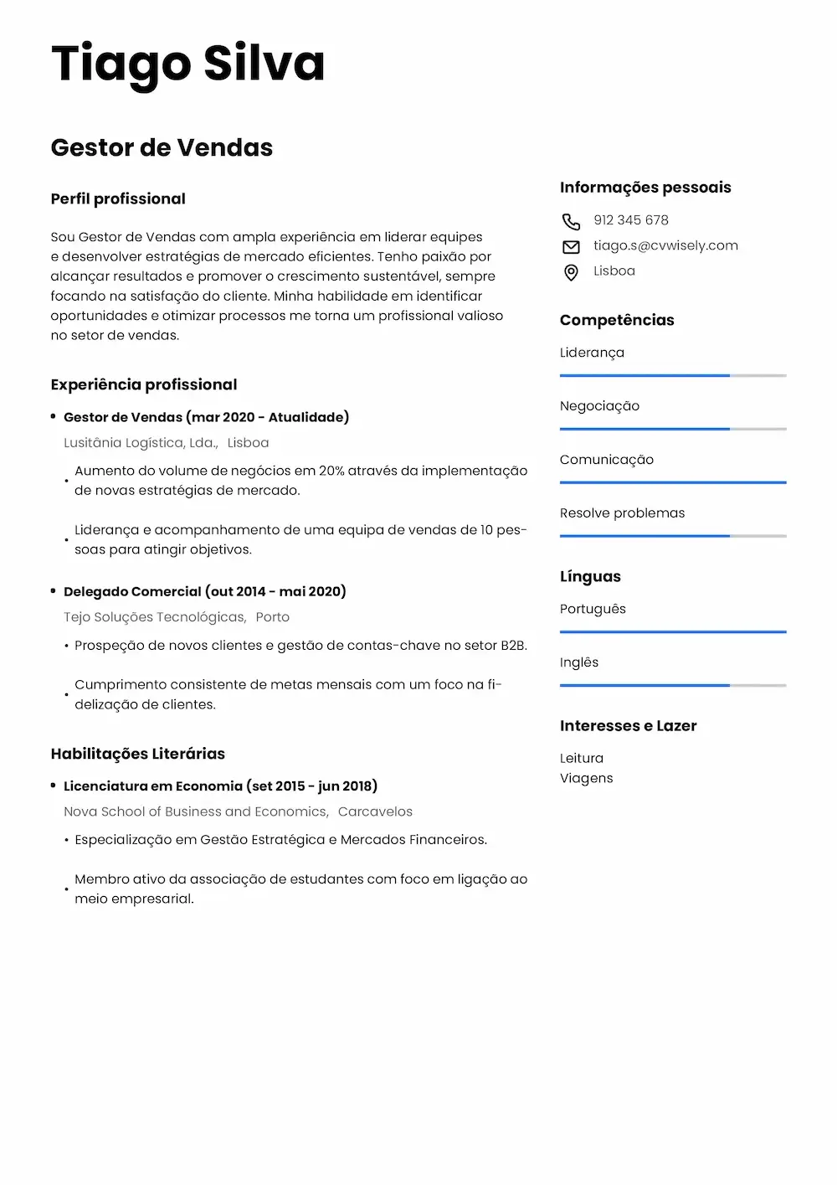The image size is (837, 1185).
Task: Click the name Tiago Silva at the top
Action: pyautogui.click(x=187, y=64)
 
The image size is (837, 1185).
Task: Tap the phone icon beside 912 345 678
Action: pyautogui.click(x=571, y=221)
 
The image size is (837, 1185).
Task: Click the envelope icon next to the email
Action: pyautogui.click(x=571, y=246)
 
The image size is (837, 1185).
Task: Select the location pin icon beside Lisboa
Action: pyautogui.click(x=571, y=272)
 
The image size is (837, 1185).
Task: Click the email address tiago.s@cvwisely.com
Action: pyautogui.click(x=665, y=245)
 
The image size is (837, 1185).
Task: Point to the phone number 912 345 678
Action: pyautogui.click(x=631, y=220)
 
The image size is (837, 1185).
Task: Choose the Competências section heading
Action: pyautogui.click(x=617, y=320)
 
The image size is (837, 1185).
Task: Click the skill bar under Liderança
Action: pyautogui.click(x=673, y=376)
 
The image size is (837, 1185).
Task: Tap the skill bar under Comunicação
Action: pyautogui.click(x=673, y=482)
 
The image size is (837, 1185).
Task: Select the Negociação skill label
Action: pyautogui.click(x=599, y=406)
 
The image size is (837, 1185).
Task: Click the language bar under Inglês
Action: pyautogui.click(x=673, y=685)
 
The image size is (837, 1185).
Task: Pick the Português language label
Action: pyautogui.click(x=593, y=609)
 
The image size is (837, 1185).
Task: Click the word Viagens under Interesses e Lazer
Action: pyautogui.click(x=586, y=778)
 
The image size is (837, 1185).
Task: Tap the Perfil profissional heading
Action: pyautogui.click(x=118, y=198)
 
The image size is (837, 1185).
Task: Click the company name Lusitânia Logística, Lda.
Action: pyautogui.click(x=141, y=442)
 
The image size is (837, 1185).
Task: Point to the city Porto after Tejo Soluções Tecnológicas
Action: pyautogui.click(x=272, y=617)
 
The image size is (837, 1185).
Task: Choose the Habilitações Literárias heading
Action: pyautogui.click(x=138, y=754)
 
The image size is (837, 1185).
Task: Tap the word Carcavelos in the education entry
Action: pyautogui.click(x=375, y=811)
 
